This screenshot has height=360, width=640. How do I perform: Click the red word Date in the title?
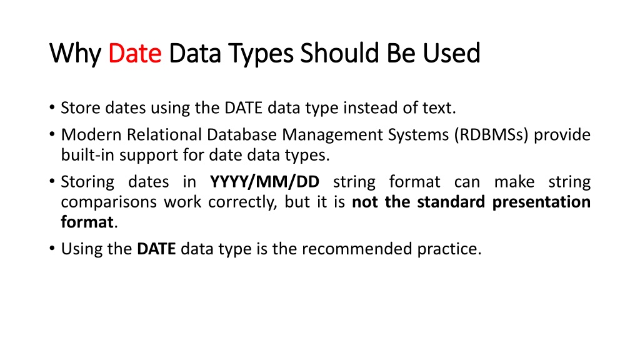[x=135, y=53]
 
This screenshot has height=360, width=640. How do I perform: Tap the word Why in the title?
[x=76, y=54]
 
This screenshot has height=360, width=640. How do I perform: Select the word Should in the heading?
[x=339, y=53]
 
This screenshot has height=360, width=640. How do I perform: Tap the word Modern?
[x=91, y=134]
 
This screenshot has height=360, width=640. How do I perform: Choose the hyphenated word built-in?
[x=87, y=155]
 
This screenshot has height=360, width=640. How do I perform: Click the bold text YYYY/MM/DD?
[x=264, y=182]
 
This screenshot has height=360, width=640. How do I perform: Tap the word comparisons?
[x=109, y=202]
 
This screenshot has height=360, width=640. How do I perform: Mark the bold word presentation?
[x=541, y=202]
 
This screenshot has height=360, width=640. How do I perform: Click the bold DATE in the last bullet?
[x=156, y=249]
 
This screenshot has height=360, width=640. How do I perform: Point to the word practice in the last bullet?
[x=447, y=249]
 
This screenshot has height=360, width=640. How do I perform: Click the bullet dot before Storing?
[x=52, y=181]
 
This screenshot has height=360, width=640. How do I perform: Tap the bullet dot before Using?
[x=52, y=247]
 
